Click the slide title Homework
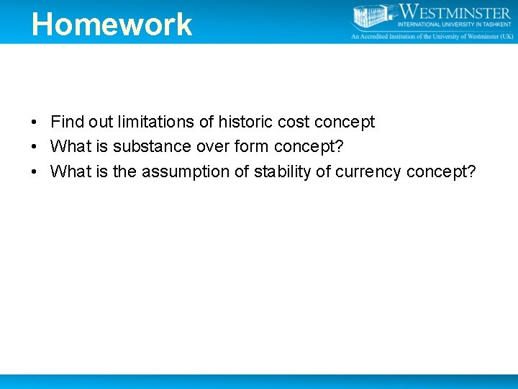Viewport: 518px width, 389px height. tap(112, 24)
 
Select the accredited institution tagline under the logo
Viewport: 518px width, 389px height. tap(432, 36)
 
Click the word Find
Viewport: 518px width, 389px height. tap(68, 122)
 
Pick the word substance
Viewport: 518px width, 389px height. tap(157, 147)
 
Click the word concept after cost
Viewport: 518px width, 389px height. tap(345, 122)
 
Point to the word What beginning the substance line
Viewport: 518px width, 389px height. tap(70, 147)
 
